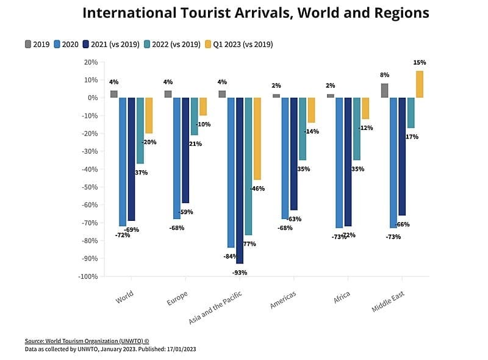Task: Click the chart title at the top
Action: (x=256, y=13)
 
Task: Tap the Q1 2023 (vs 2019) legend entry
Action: (x=239, y=44)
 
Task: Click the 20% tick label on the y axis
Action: (x=91, y=62)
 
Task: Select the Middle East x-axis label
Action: (x=389, y=301)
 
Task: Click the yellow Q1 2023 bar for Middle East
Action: (x=419, y=84)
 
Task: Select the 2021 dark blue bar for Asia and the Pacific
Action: (x=240, y=180)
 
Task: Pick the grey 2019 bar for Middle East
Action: (x=384, y=90)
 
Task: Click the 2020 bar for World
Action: (x=123, y=162)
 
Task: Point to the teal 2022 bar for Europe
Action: (x=195, y=116)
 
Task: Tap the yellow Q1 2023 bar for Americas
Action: (x=311, y=110)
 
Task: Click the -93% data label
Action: (x=240, y=273)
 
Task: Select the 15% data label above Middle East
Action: (x=419, y=62)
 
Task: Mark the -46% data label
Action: (x=257, y=189)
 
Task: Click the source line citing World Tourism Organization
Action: (x=87, y=341)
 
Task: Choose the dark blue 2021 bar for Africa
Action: (x=348, y=162)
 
